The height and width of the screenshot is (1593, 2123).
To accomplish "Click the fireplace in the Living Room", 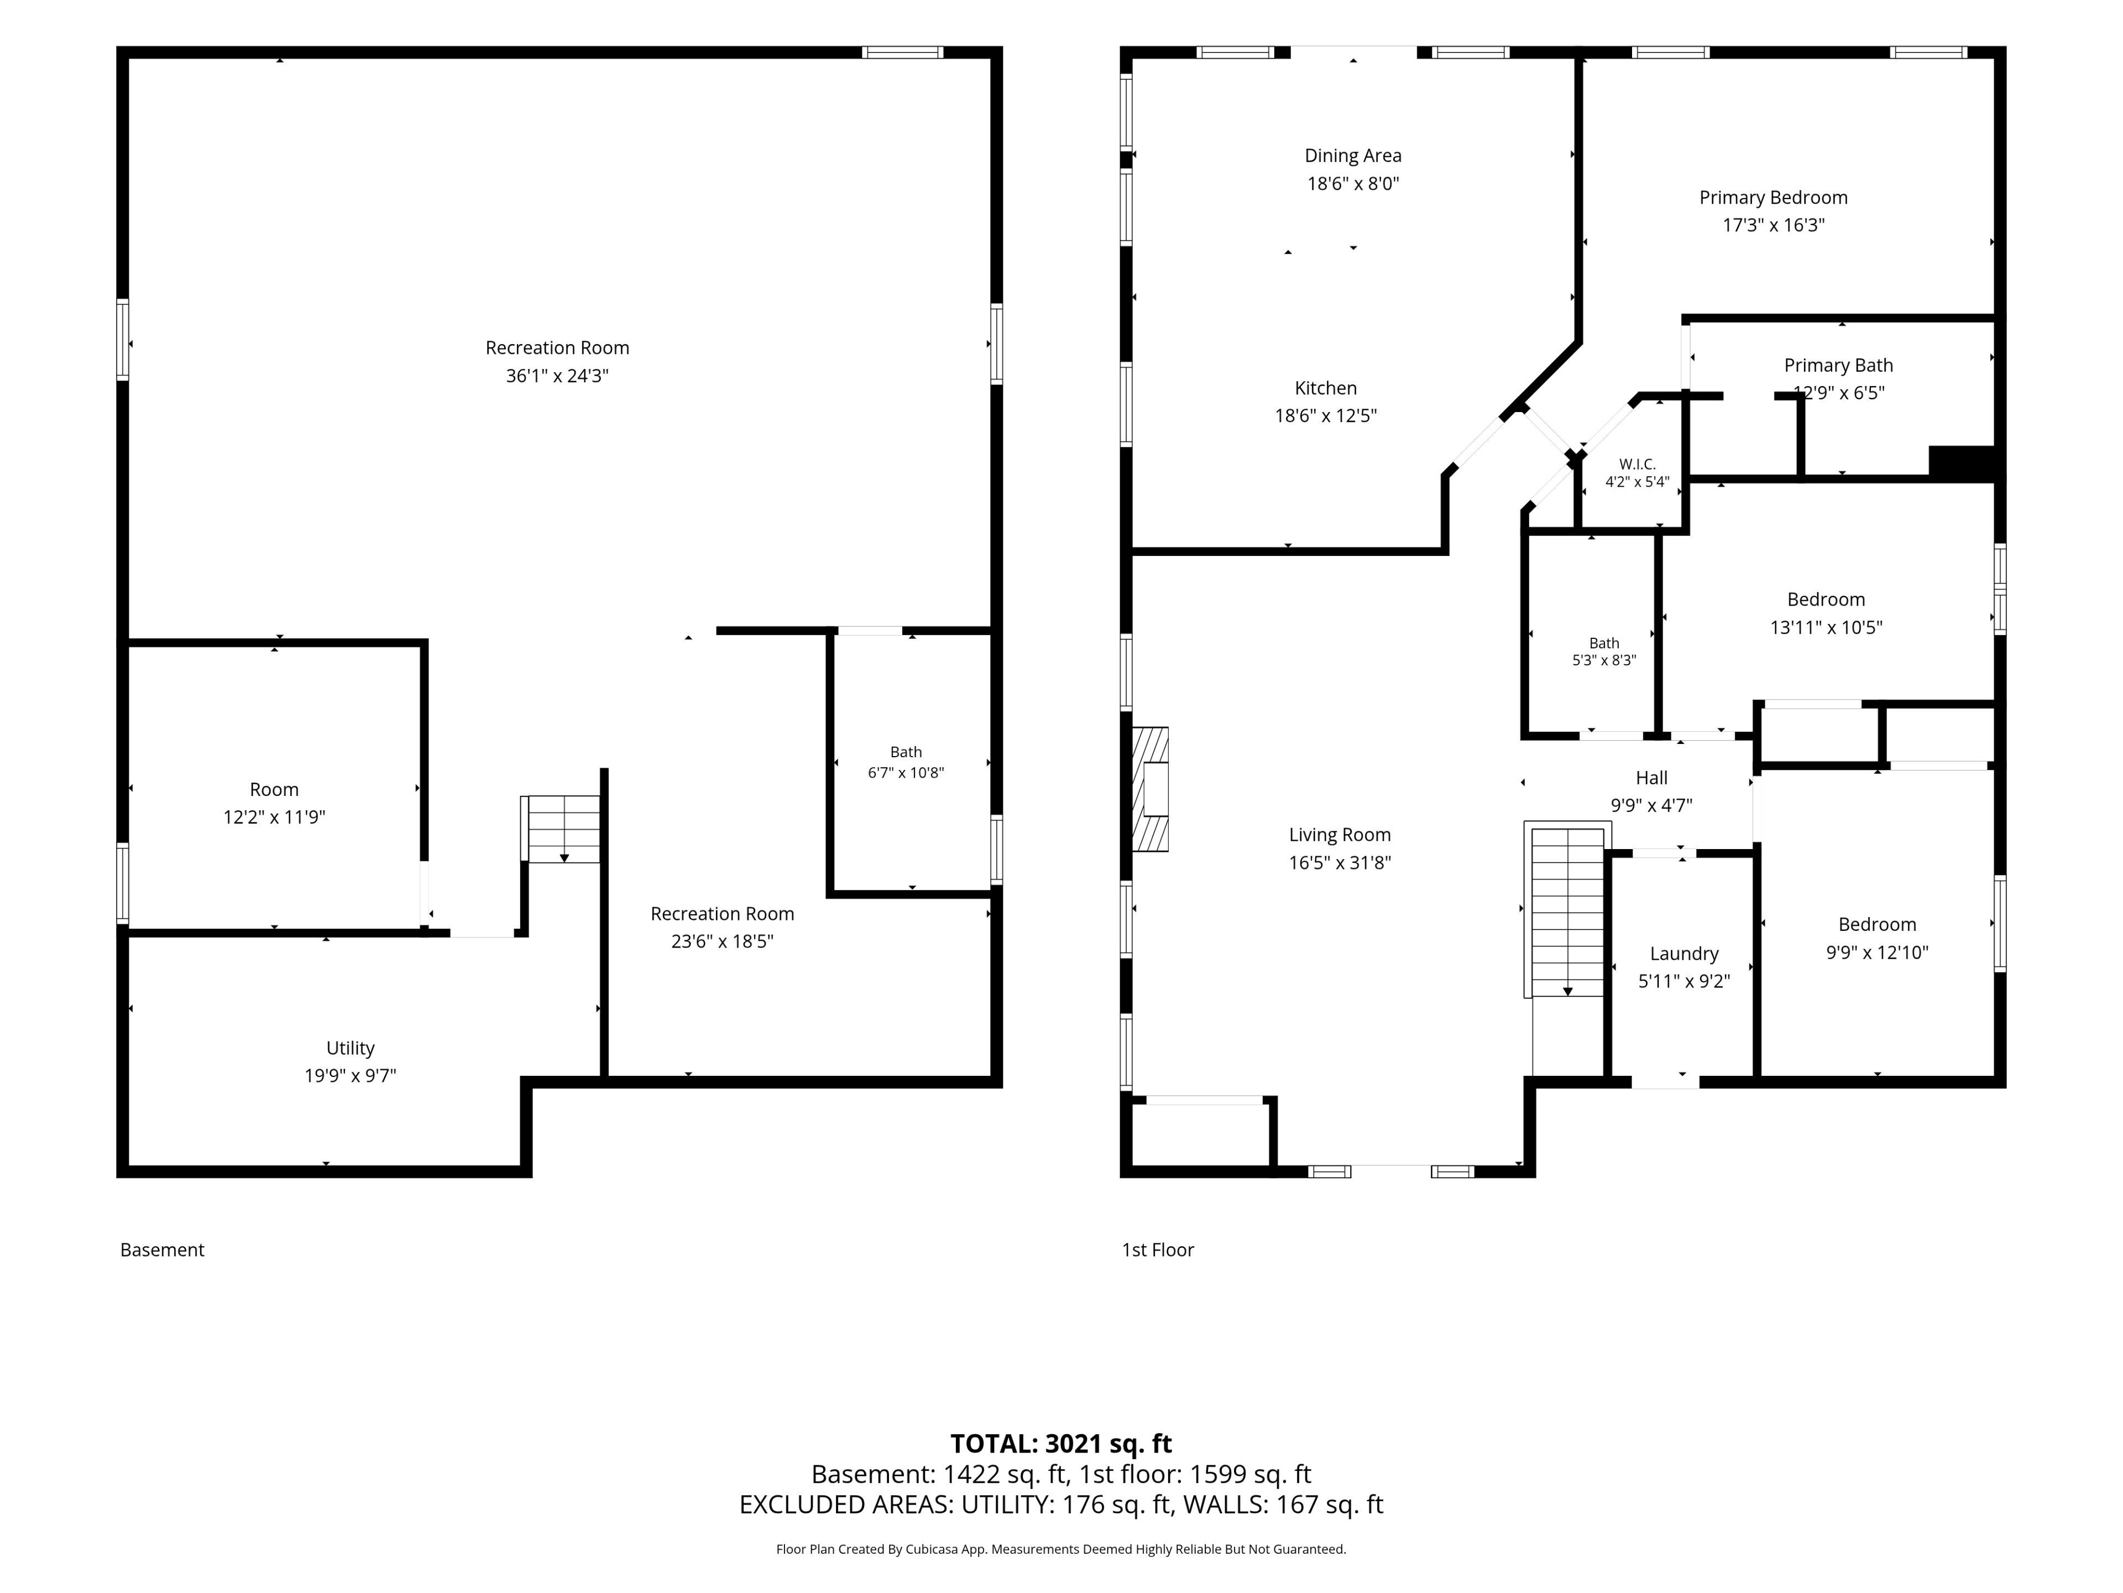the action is [x=1150, y=789].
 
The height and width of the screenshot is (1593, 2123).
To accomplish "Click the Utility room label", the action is [x=351, y=1049].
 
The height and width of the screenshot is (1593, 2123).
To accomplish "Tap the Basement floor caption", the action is [x=162, y=1250].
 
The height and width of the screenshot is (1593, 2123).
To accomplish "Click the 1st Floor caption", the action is [x=1158, y=1250].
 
